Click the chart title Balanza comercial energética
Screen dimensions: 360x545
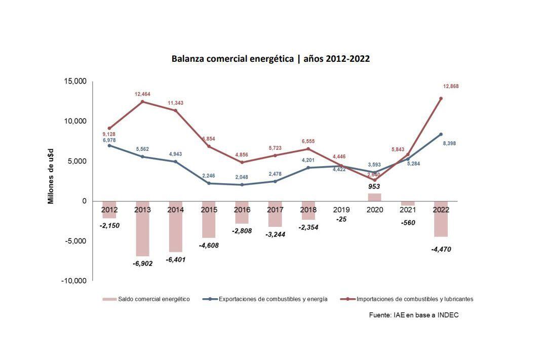coord(270,59)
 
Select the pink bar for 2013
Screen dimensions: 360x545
coord(142,228)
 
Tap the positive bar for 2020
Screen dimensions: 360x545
coord(374,197)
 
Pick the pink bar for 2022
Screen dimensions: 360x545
coord(441,219)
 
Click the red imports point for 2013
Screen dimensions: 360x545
coord(142,102)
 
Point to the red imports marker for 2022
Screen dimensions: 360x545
coord(441,98)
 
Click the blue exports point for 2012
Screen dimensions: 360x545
coord(109,145)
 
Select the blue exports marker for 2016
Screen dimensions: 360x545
coord(242,185)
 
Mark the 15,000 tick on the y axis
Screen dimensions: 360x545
coord(75,82)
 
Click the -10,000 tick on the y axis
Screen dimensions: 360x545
coord(74,281)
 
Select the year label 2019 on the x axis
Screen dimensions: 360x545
coord(341,209)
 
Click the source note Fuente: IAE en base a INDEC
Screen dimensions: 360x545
coord(414,315)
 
